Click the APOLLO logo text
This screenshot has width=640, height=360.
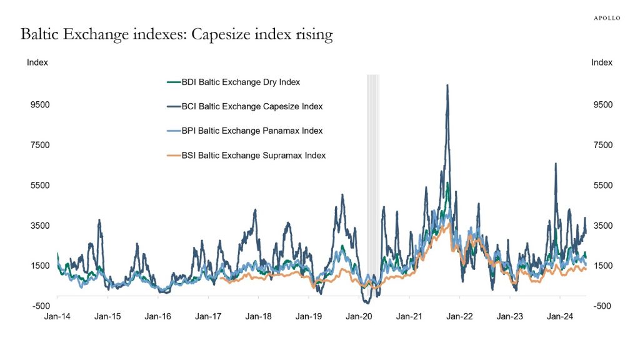coord(607,18)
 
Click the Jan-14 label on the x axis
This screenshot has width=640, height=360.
coord(57,316)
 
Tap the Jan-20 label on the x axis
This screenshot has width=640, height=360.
coord(359,316)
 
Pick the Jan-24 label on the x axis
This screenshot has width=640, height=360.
coord(560,316)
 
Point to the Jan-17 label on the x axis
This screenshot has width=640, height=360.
coord(208,316)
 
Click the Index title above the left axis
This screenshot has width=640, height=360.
coord(37,62)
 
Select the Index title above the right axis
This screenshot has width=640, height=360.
coord(602,62)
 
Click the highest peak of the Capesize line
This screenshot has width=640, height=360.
coord(447,86)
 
